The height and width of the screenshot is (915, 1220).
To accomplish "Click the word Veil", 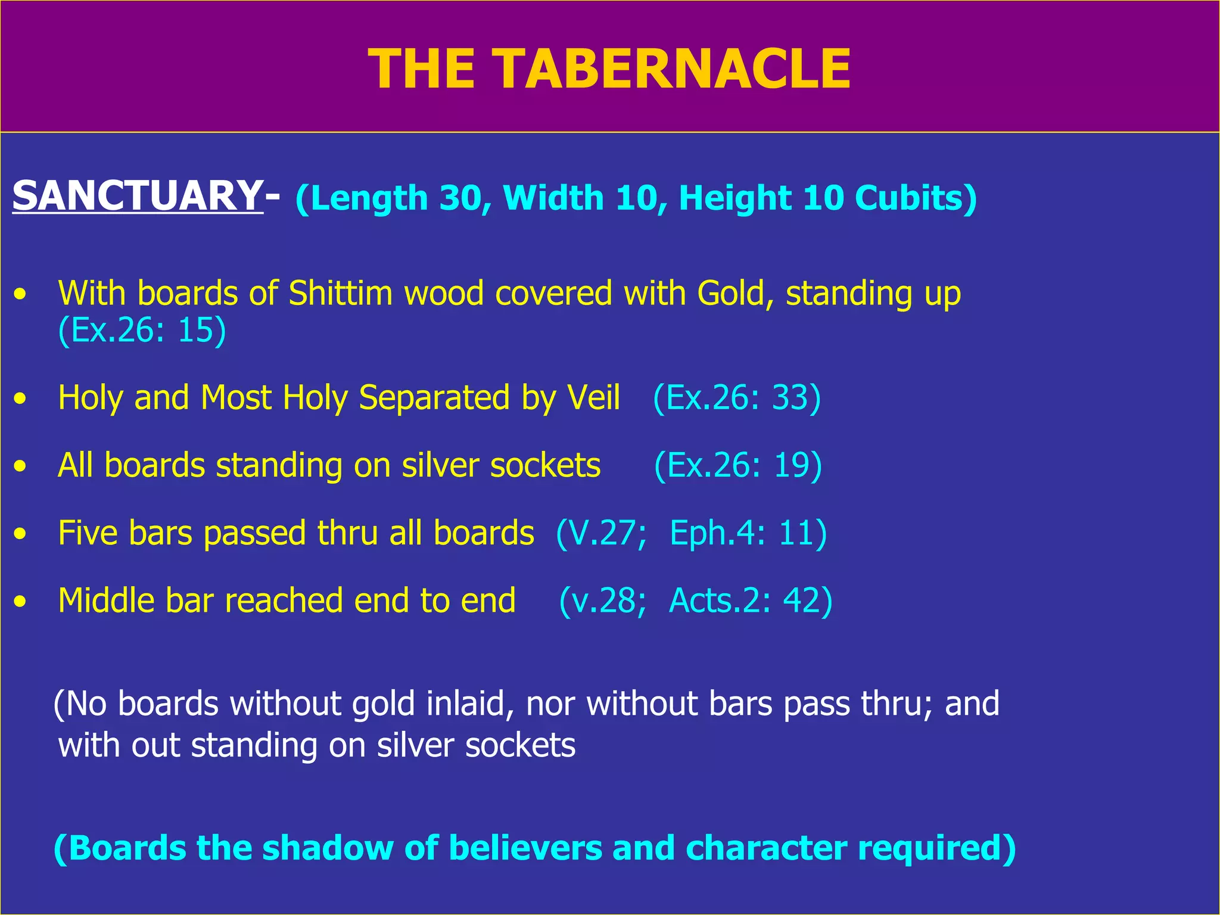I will coord(593,397).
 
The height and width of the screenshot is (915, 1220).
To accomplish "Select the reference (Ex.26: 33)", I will coord(737,397).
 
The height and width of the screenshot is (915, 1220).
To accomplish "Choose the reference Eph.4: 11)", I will coord(748,533).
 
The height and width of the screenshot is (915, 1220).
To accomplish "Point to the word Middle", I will coord(106,600).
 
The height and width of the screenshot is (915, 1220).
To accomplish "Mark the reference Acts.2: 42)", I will coord(751,600).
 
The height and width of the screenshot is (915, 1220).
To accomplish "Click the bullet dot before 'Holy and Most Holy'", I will coord(21,399).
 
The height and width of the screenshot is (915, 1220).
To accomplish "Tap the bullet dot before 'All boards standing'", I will coord(21,466).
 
